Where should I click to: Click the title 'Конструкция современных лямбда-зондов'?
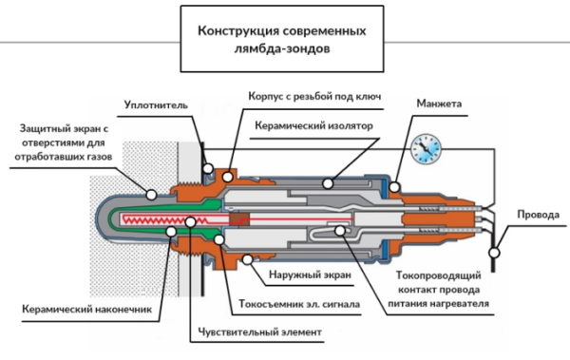[x=282, y=39]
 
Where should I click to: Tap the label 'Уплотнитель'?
[x=156, y=105]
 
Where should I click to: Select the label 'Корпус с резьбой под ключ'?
[x=314, y=96]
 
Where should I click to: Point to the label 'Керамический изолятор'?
[x=313, y=125]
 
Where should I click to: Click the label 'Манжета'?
[x=439, y=104]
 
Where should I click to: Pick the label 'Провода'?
[x=538, y=215]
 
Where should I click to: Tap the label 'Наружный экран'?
[x=310, y=275]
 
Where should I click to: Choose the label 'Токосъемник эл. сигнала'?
[x=299, y=304]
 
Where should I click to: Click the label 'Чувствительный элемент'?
[x=260, y=332]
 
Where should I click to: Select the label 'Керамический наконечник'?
[x=86, y=309]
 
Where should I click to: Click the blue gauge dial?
[x=426, y=149]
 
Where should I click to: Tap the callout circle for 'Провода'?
[x=494, y=252]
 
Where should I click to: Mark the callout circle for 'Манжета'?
[x=394, y=187]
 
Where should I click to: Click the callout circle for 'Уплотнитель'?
[x=208, y=168]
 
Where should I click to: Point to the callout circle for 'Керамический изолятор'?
[x=328, y=183]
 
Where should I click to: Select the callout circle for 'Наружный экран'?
[x=248, y=259]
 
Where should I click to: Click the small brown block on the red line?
[x=239, y=219]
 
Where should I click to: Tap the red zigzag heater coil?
[x=164, y=219]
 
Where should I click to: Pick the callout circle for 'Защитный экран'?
[x=151, y=195]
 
